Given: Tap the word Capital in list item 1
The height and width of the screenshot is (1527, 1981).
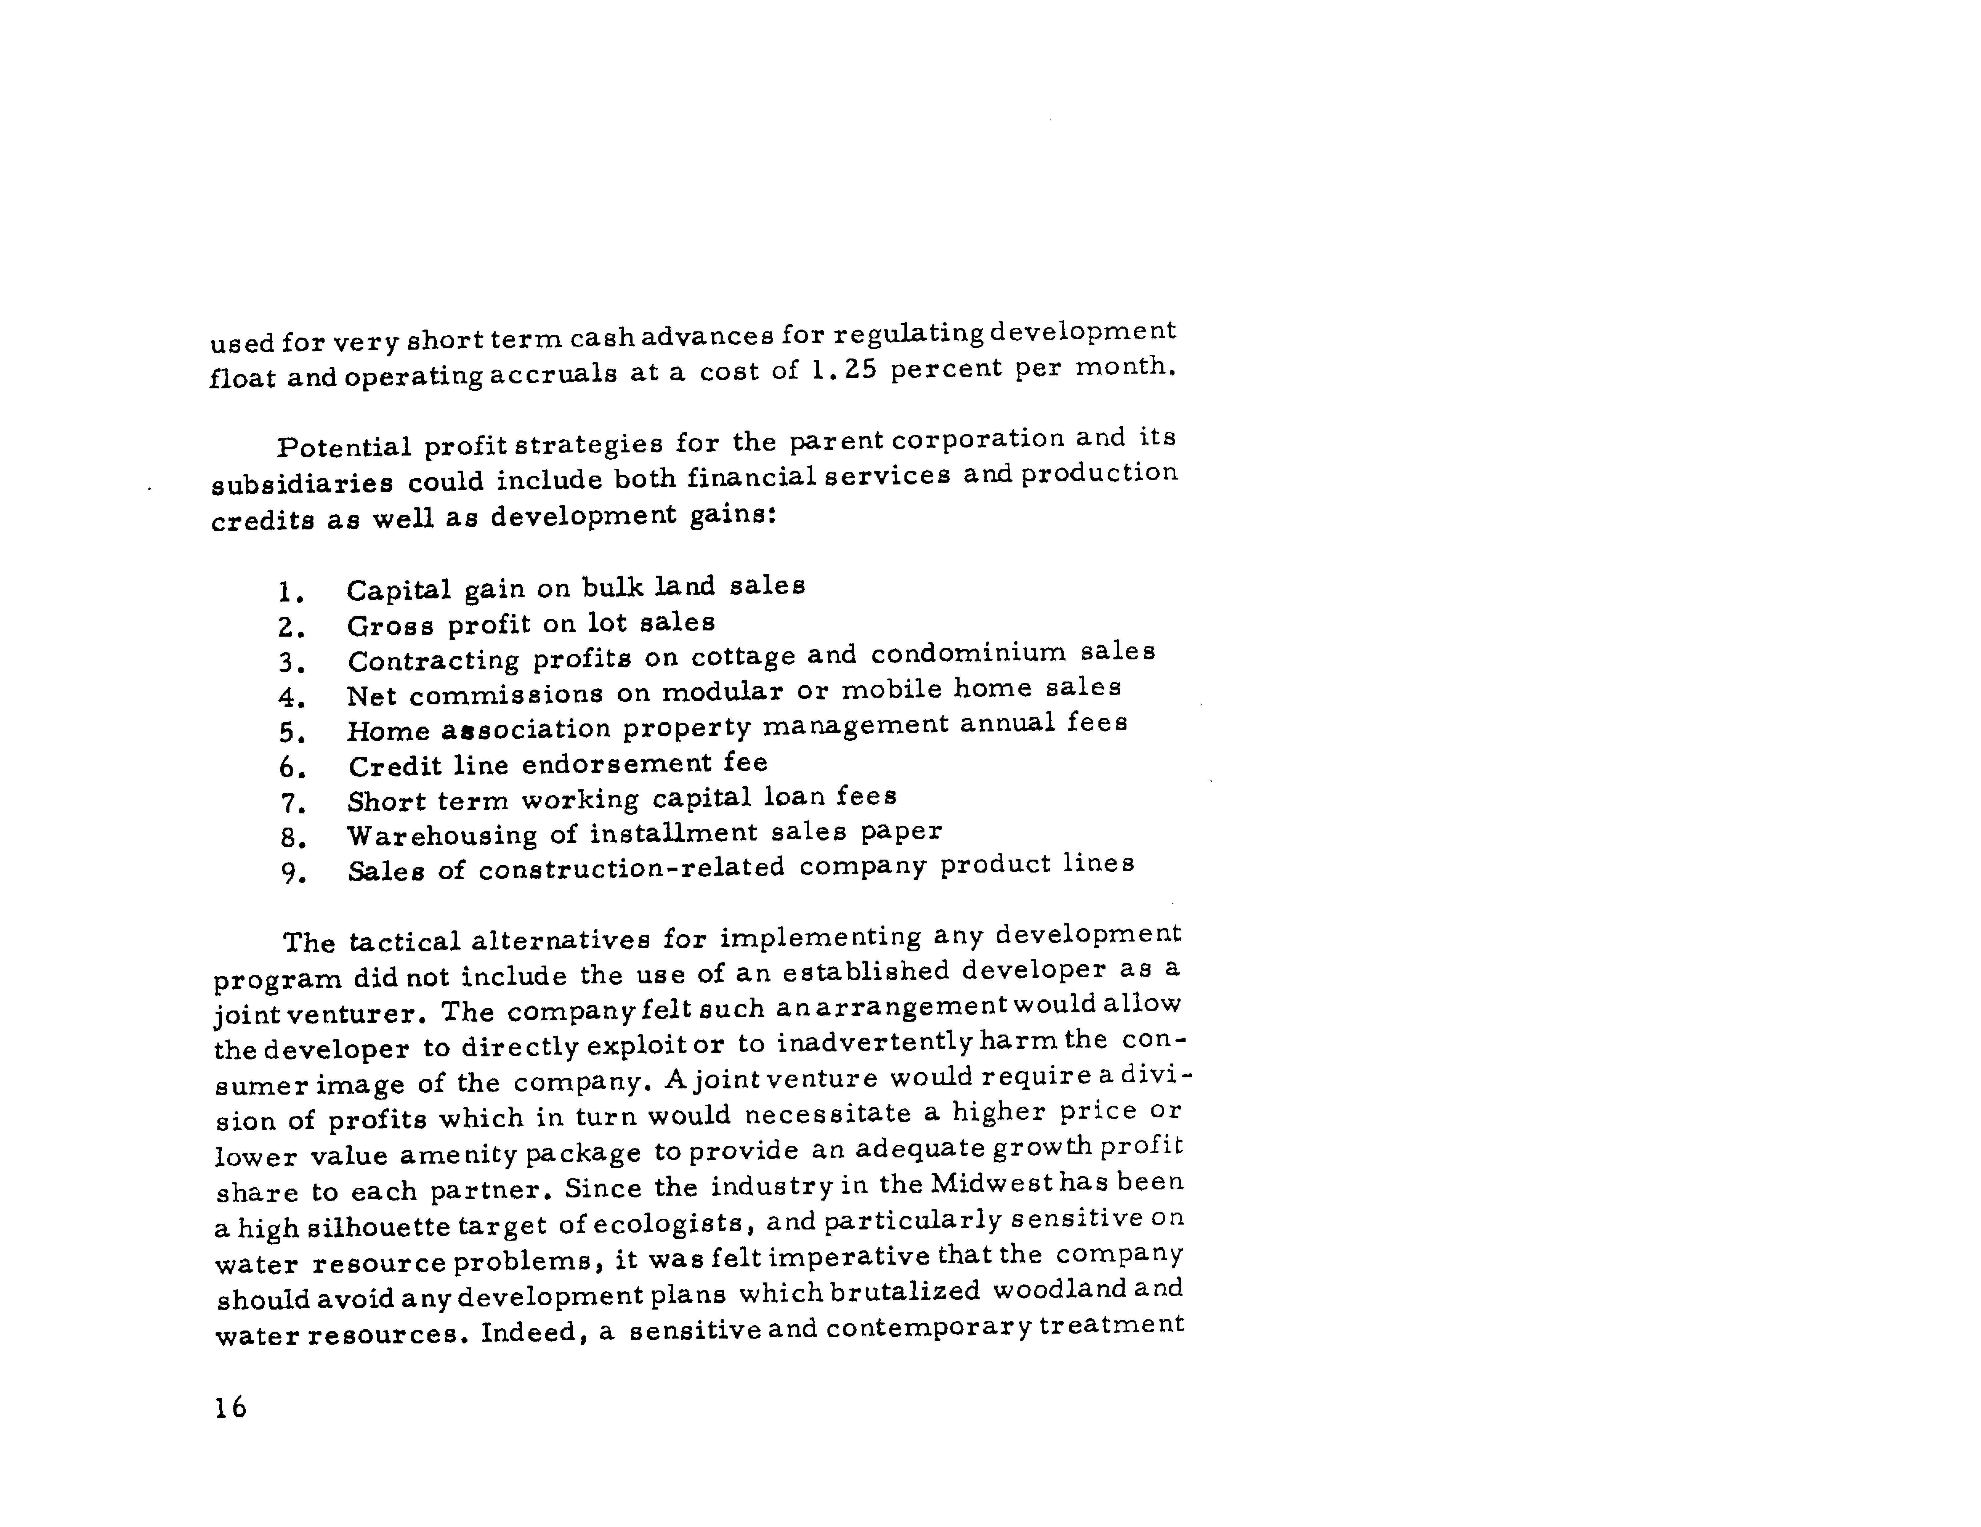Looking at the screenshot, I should pyautogui.click(x=398, y=590).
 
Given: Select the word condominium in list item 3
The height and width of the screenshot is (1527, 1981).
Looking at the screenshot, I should pyautogui.click(x=969, y=654).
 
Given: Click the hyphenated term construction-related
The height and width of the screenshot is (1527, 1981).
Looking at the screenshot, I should pyautogui.click(x=631, y=868).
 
